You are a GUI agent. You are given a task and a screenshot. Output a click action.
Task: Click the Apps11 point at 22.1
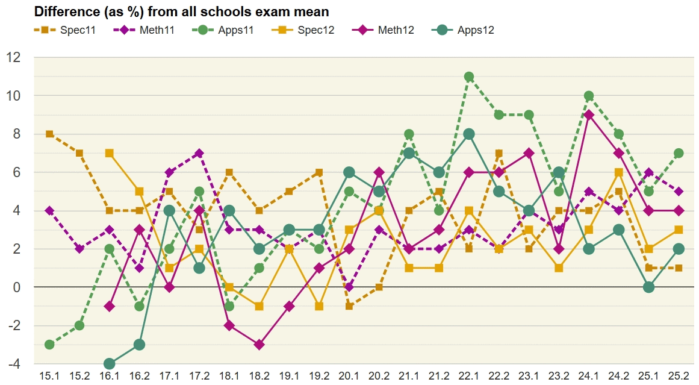tap(469, 77)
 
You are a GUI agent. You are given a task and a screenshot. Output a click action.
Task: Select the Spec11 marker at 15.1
tap(49, 134)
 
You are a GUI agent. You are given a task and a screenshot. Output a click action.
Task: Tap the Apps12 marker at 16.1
tap(109, 364)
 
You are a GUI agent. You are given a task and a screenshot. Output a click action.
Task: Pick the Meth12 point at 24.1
tap(589, 115)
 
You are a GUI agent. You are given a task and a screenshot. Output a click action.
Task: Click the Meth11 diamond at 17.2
tap(199, 153)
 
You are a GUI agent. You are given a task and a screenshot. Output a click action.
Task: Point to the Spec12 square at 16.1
tap(109, 153)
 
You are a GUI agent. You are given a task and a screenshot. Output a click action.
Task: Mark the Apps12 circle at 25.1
tap(648, 287)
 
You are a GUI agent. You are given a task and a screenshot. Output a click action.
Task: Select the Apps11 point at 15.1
tap(49, 345)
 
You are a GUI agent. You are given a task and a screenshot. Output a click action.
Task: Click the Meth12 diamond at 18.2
tap(259, 345)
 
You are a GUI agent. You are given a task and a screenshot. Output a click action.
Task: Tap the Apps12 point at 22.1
tap(469, 134)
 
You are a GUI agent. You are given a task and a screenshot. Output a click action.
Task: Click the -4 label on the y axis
tap(14, 364)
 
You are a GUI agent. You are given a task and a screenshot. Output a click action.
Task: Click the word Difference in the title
tap(63, 11)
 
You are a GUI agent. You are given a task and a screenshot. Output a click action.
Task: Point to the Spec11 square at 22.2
tap(499, 153)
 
